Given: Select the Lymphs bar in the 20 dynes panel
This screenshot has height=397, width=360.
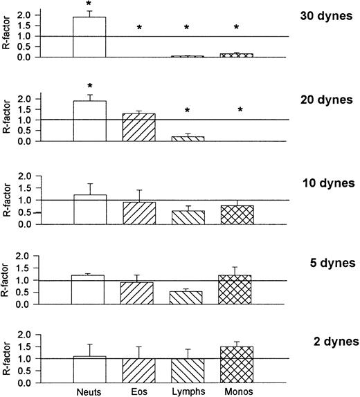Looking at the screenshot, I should (x=188, y=138).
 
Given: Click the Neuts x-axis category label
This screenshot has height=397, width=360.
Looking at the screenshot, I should (x=89, y=391).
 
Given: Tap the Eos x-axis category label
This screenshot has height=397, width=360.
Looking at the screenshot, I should (x=138, y=391).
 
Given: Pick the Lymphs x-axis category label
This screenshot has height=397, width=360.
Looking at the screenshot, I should (x=188, y=391).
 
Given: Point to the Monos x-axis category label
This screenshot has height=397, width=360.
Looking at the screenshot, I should (x=237, y=391).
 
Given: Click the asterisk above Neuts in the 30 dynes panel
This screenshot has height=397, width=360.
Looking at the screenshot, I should (x=89, y=4).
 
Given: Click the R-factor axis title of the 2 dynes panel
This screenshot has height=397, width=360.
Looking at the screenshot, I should (x=8, y=360).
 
